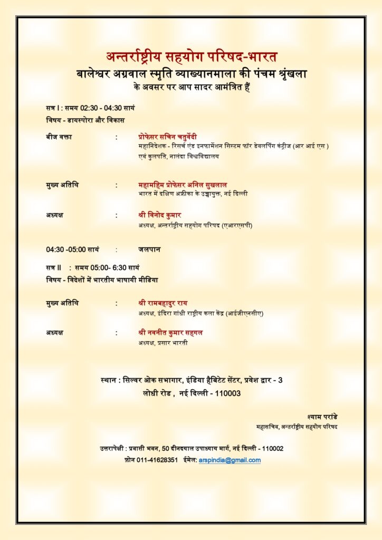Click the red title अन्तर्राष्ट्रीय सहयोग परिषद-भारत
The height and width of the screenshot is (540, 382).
pyautogui.click(x=191, y=56)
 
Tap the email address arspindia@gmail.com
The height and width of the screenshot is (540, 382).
pyautogui.click(x=230, y=460)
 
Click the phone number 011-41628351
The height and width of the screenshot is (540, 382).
pyautogui.click(x=157, y=460)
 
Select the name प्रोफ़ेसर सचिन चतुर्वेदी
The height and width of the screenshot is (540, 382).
pyautogui.click(x=167, y=137)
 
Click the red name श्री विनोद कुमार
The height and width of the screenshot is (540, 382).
pyautogui.click(x=159, y=215)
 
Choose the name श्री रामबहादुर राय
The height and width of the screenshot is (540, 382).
pyautogui.click(x=162, y=303)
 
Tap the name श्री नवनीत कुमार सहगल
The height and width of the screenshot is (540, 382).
pyautogui.click(x=170, y=333)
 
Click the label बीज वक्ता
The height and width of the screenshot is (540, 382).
pyautogui.click(x=59, y=137)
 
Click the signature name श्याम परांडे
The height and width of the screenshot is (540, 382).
pyautogui.click(x=322, y=417)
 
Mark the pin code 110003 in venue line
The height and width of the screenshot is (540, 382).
pyautogui.click(x=228, y=393)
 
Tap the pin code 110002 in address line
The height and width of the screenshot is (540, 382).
pyautogui.click(x=271, y=449)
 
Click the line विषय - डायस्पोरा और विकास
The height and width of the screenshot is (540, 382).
pyautogui.click(x=85, y=120)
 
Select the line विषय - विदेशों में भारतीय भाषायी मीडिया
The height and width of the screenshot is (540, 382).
pyautogui.click(x=102, y=279)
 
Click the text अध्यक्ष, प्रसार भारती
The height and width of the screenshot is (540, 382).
pyautogui.click(x=163, y=343)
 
